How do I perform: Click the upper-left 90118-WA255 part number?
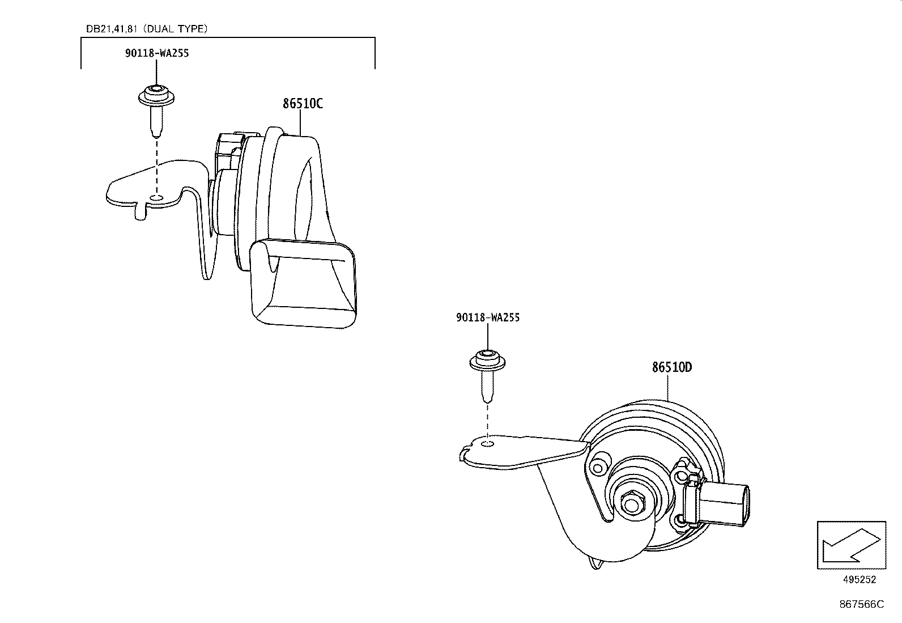pos(157,53)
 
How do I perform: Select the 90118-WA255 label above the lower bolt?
pos(487,317)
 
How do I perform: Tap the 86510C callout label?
pos(303,104)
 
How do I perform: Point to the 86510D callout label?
pos(671,367)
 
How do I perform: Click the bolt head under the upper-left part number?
pos(155,96)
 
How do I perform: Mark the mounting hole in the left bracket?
pos(156,198)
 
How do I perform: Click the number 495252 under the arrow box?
pos(858,579)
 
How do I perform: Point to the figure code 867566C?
pos(861,604)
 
